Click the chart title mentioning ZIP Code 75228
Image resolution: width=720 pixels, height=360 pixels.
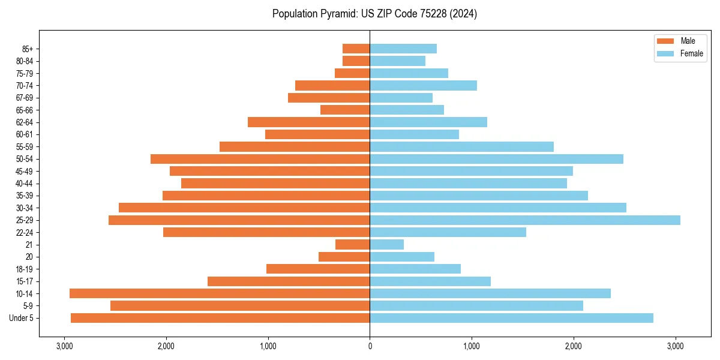tap(374, 14)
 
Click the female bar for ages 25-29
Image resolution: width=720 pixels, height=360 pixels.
tap(525, 220)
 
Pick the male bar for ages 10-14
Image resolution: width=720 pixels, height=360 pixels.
tap(220, 293)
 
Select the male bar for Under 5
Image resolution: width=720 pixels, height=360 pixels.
tap(220, 318)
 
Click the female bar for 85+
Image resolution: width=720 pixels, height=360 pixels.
tap(403, 49)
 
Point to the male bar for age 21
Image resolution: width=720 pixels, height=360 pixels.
tap(353, 245)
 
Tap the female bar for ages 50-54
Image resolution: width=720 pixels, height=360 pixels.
tap(496, 159)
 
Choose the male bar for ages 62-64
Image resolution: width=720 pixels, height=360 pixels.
tap(309, 122)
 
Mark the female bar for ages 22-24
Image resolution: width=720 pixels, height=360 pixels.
tap(448, 232)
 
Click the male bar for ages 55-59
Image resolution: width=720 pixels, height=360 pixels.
tap(295, 147)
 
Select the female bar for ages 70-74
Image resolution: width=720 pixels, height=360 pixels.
tap(423, 86)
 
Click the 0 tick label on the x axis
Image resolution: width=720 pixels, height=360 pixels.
tap(370, 346)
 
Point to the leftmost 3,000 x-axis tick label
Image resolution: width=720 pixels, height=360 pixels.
tap(64, 346)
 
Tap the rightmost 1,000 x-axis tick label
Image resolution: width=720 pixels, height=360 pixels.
tap(472, 346)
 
